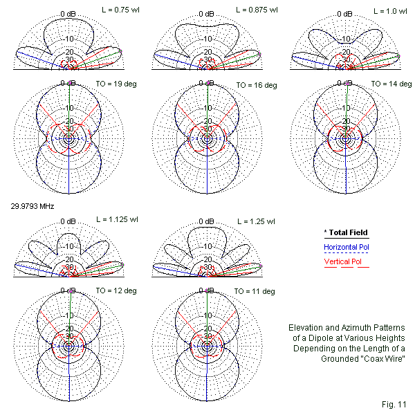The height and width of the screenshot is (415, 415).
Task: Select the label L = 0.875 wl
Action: pos(256,10)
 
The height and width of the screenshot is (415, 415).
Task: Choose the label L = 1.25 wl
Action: pos(256,222)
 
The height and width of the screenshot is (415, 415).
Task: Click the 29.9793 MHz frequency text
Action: pos(32,206)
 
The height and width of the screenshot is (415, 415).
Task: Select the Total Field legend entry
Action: pos(347,232)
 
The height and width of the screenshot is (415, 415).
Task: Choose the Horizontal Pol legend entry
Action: pos(347,246)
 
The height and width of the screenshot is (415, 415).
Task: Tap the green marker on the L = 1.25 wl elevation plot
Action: pos(262,266)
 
